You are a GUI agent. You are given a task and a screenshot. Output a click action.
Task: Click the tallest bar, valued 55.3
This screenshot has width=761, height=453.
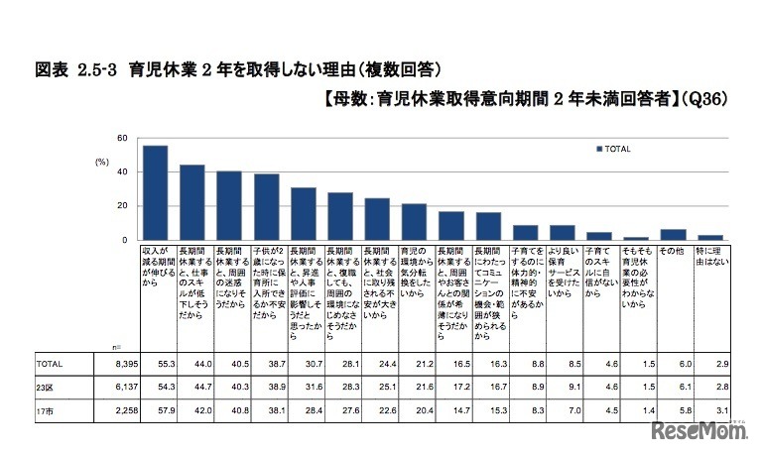155,193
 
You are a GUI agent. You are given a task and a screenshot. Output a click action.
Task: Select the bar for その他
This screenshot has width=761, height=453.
674,235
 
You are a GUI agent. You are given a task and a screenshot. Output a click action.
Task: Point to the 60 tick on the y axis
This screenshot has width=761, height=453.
122,138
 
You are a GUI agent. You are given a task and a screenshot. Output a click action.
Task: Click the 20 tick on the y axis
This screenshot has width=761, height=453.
122,206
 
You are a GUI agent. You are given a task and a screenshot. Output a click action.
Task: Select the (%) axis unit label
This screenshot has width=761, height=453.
101,161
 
